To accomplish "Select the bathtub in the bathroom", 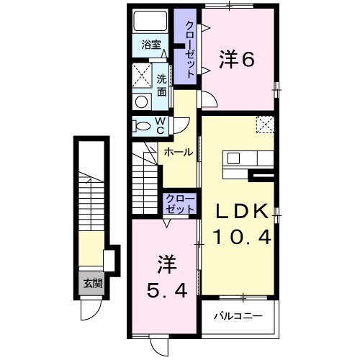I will tap(150, 22).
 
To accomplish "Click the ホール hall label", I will tap(178, 153).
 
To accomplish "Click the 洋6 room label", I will tap(238, 60).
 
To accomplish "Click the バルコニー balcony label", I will tap(238, 316).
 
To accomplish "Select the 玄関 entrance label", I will tap(92, 283).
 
